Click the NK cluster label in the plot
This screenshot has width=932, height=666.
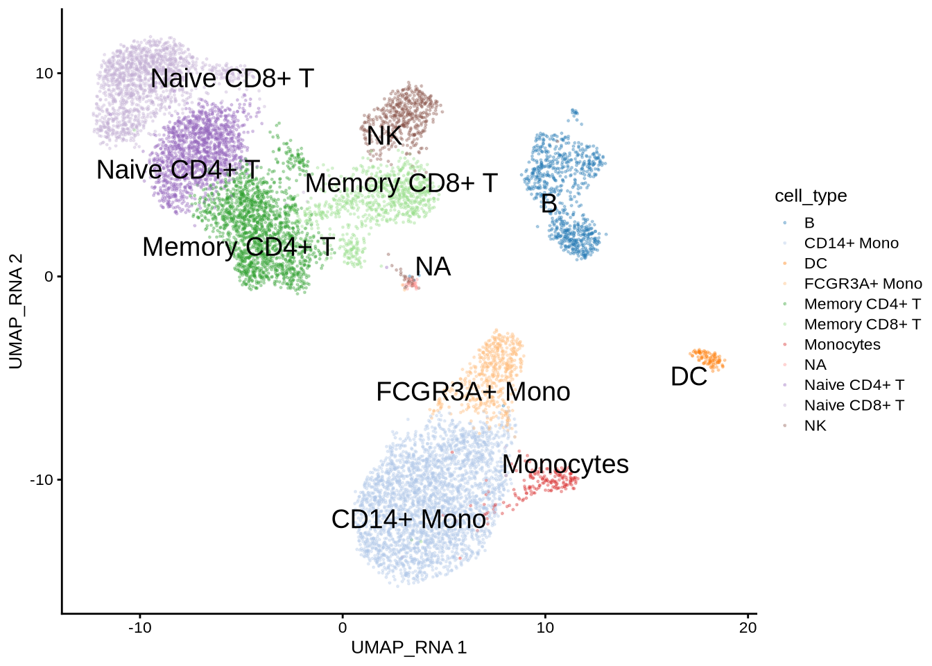[384, 136]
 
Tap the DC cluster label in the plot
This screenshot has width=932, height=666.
[689, 377]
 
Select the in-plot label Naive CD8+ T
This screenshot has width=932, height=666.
[232, 78]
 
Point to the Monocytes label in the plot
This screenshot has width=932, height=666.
[565, 464]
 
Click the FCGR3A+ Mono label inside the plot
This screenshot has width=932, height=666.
[473, 392]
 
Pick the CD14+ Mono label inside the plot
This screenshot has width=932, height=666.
[408, 519]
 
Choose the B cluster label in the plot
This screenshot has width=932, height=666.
[549, 204]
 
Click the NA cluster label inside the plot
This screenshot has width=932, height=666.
[433, 267]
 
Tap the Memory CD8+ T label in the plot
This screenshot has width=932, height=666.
[402, 183]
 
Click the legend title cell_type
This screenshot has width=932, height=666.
[811, 196]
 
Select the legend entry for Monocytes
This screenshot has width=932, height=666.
[842, 345]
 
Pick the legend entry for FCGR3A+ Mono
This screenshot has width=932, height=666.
[863, 284]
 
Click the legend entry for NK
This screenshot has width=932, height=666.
[815, 426]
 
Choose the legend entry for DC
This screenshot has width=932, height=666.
[815, 264]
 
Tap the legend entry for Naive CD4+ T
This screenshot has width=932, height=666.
[854, 385]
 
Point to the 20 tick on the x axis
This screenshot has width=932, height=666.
[748, 628]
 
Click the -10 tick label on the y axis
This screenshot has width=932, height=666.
[41, 479]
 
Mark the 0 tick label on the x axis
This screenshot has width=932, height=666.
[343, 628]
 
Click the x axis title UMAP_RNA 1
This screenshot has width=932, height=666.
[409, 648]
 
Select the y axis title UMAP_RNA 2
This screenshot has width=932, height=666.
[16, 311]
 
